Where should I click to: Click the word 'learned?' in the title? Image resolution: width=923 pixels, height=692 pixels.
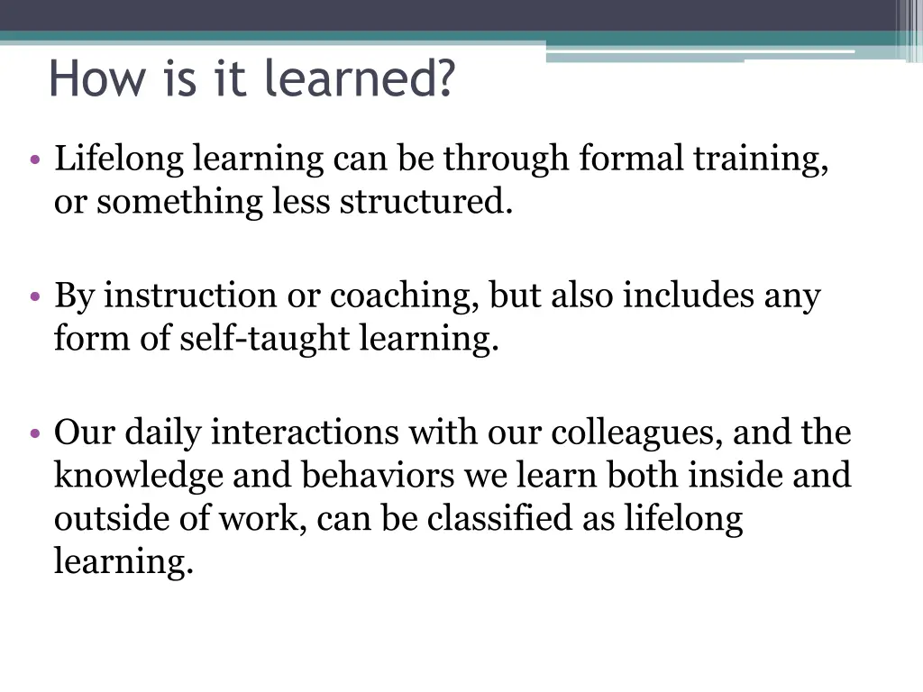click(361, 79)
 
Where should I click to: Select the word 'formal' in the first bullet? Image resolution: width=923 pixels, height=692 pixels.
click(633, 159)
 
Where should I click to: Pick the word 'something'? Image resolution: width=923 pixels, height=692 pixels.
click(181, 203)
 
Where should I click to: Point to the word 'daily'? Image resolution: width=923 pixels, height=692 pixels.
click(163, 433)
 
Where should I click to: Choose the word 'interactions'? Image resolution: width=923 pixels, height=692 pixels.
click(306, 433)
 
